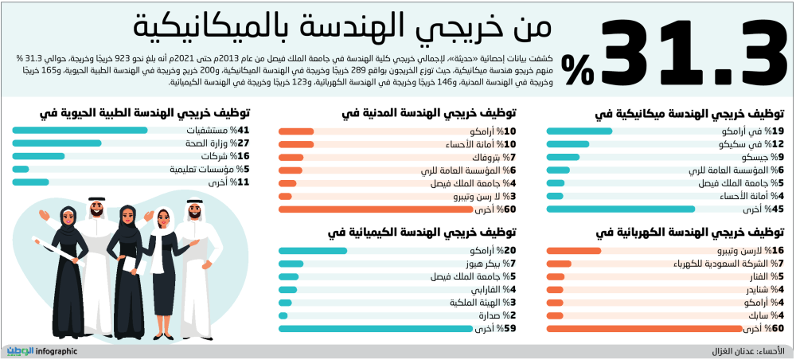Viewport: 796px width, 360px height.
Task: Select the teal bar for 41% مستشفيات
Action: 80,131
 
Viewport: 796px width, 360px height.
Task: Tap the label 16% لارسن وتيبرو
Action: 747,250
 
